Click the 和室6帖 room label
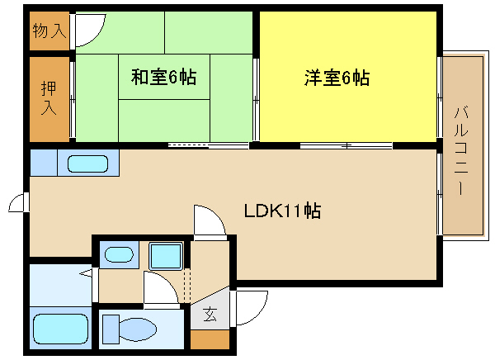[164, 77]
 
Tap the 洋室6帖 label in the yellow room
[337, 78]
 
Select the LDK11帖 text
[282, 211]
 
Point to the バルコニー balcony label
[461, 151]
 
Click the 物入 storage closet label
[49, 31]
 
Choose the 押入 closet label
[49, 98]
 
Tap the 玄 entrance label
[210, 314]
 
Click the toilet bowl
[138, 329]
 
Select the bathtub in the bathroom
[60, 329]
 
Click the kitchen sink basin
[87, 163]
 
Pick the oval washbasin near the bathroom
[119, 255]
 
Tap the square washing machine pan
[166, 256]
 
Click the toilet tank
[111, 329]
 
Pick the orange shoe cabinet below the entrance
[210, 340]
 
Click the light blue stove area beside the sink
[44, 163]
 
